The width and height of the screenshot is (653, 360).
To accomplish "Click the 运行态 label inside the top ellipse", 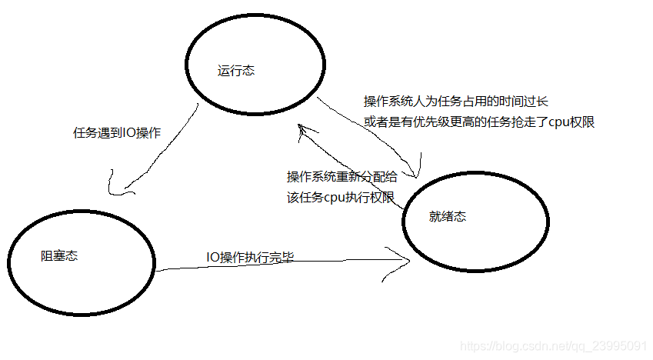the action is [236, 72].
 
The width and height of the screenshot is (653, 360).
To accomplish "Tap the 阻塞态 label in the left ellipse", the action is [59, 256].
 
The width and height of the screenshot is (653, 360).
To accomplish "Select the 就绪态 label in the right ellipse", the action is [447, 217].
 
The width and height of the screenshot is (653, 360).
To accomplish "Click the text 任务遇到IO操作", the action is [117, 132].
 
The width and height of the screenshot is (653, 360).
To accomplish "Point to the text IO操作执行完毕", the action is [250, 257].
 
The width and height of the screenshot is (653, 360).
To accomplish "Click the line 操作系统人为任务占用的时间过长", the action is [455, 102].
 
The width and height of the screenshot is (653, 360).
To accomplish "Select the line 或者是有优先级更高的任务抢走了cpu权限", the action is [480, 122].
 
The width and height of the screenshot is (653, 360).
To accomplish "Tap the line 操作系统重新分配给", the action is [342, 176].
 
